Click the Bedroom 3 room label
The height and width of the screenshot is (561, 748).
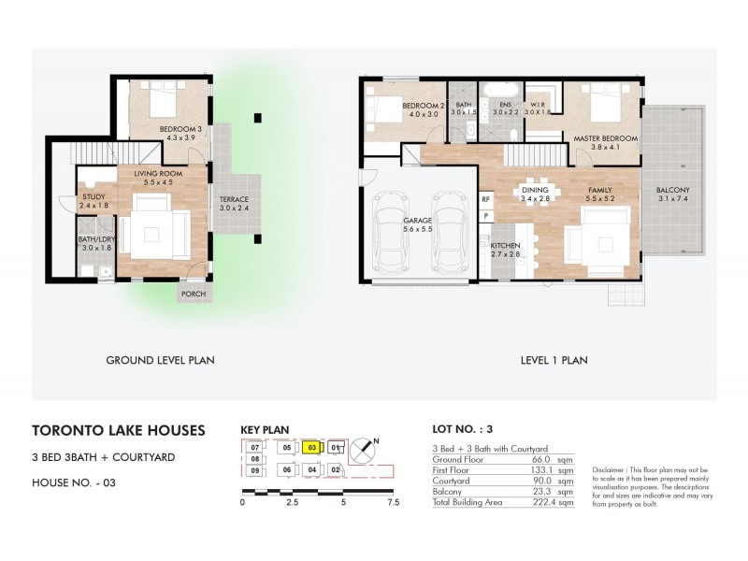180,128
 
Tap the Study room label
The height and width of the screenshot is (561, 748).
93,197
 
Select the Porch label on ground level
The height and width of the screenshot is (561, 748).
193,293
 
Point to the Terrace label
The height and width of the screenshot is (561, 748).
234,200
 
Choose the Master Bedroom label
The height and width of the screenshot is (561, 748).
605,138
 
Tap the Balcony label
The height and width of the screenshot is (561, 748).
674,190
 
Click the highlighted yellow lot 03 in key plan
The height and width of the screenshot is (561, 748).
311,447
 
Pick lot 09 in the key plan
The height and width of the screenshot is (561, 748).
253,469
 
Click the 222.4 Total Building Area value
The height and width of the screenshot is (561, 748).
533,503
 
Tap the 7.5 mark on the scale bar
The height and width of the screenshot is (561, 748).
392,502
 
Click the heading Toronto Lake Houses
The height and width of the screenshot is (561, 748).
119,431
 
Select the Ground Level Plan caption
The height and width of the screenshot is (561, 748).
161,359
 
